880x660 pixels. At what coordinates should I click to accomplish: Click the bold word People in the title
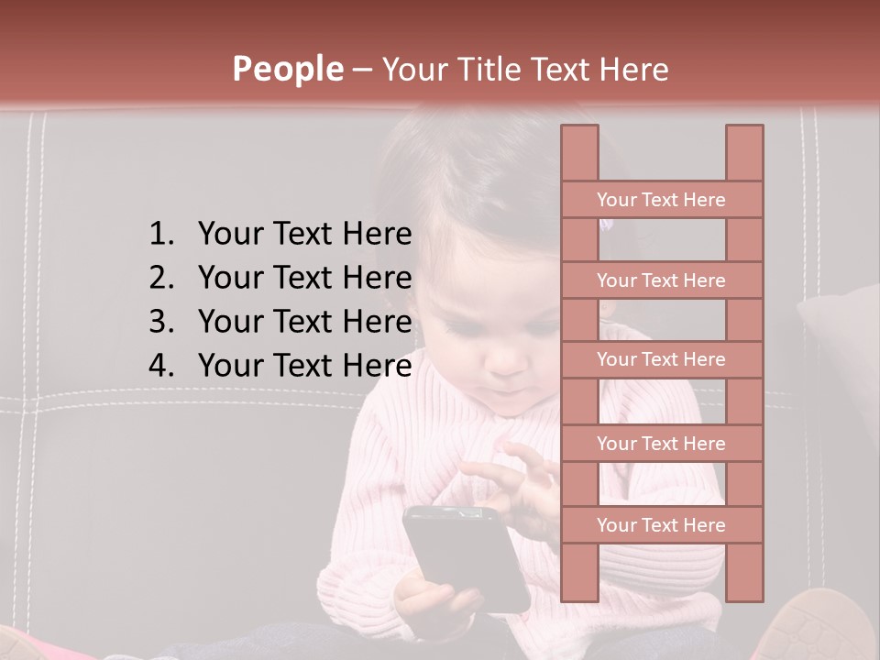(x=287, y=69)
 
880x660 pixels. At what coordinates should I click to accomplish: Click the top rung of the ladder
(x=661, y=200)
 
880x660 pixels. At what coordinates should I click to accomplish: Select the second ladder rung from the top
(x=661, y=280)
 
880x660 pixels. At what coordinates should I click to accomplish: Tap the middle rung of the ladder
(x=661, y=359)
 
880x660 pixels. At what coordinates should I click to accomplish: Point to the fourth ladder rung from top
(x=661, y=444)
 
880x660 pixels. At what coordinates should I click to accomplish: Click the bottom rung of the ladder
(x=661, y=525)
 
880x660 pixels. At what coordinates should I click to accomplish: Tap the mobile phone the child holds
(x=463, y=555)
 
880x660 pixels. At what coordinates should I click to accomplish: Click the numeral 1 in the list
(x=159, y=235)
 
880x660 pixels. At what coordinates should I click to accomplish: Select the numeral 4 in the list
(x=159, y=366)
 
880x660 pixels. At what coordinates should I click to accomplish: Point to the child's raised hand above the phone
(x=513, y=477)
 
